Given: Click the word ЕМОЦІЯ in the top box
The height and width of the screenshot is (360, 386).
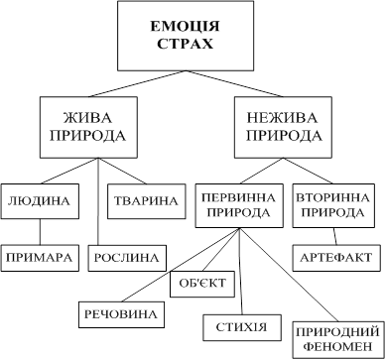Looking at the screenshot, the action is (x=186, y=27).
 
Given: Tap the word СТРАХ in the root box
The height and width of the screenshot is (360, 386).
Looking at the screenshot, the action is (x=186, y=44).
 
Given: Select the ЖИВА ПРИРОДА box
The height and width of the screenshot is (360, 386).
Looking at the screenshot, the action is (x=88, y=127).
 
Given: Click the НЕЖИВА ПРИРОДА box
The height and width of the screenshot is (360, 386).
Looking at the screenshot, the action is (x=283, y=127).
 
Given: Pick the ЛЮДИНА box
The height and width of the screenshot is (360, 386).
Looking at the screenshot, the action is (x=40, y=201).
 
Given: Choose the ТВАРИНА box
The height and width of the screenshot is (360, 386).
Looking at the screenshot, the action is (x=147, y=201).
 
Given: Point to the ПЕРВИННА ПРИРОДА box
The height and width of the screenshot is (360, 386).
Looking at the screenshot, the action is (x=239, y=205).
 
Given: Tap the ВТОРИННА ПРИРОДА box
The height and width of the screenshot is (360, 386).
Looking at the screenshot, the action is (x=333, y=205).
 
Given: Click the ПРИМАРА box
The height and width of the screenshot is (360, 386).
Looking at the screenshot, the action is (x=40, y=258).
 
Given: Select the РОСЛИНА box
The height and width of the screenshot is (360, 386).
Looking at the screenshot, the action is (x=127, y=258).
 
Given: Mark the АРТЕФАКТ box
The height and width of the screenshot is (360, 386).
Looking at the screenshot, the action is (x=336, y=258).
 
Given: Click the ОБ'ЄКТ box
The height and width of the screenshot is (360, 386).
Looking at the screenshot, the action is (x=202, y=284).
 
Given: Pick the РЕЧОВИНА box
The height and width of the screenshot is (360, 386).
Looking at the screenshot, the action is (x=121, y=314).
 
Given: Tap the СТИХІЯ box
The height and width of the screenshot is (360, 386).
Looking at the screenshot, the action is (x=242, y=327).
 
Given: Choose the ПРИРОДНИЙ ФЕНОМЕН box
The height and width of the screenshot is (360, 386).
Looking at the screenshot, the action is (x=337, y=340).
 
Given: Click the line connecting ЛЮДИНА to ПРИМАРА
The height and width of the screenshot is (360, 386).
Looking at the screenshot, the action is (x=40, y=232).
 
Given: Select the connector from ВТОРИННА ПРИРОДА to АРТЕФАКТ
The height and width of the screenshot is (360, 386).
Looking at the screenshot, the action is (x=334, y=236).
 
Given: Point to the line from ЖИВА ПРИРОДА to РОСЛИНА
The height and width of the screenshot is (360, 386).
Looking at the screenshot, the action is (x=98, y=201).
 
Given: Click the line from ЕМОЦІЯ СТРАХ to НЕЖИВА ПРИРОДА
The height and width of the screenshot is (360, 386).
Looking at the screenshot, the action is (x=234, y=83).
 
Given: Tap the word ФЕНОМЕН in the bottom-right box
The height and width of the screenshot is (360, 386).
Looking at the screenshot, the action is (x=337, y=347).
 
